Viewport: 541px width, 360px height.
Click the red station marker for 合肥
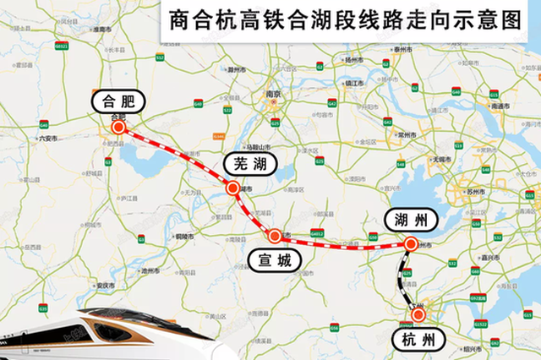[118, 128]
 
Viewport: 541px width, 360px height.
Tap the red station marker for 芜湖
[233, 188]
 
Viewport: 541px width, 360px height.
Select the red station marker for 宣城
[274, 236]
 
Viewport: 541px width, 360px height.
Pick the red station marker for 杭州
[418, 314]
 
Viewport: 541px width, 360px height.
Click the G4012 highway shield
[317, 232]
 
